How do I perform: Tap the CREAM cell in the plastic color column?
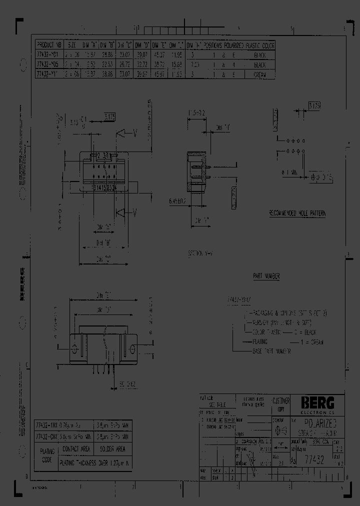pyautogui.click(x=260, y=74)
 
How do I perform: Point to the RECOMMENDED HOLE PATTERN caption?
pyautogui.click(x=297, y=213)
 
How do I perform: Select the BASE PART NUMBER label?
pyautogui.click(x=271, y=351)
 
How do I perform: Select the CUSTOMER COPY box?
pyautogui.click(x=280, y=404)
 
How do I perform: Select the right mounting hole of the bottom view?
pyautogui.click(x=133, y=348)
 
